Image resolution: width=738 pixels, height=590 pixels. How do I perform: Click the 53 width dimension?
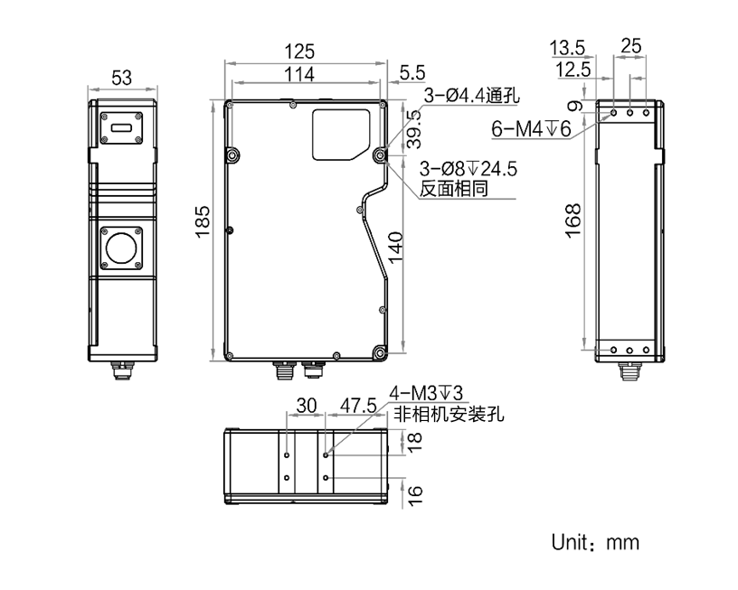coord(122,80)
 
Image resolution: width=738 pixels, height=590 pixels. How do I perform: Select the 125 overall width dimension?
coord(304,52)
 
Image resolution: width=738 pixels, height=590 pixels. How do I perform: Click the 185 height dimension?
coord(203,221)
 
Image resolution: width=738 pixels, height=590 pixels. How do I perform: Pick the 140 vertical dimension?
coord(396,246)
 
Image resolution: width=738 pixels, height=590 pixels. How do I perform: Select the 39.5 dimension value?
coord(413,128)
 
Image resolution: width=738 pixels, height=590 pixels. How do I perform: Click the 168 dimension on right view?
coord(573,220)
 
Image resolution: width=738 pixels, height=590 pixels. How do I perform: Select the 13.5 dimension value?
coord(568,47)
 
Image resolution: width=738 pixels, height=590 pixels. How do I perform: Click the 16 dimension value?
coord(415,494)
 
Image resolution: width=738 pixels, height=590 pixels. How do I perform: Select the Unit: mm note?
coord(595,542)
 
